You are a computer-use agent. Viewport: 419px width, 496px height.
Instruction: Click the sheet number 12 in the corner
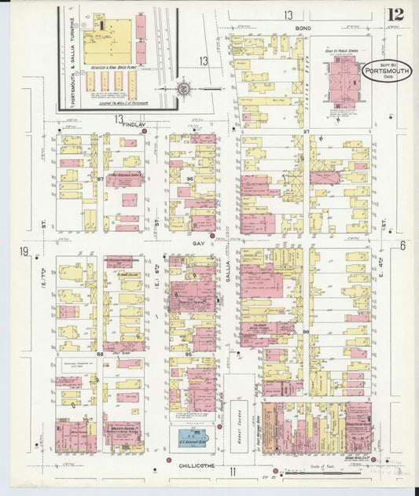click(x=395, y=13)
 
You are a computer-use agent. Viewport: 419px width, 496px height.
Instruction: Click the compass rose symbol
click(x=182, y=89)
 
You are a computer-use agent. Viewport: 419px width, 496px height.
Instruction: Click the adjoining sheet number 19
click(x=25, y=252)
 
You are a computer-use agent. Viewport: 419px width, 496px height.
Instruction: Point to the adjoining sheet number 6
click(x=402, y=245)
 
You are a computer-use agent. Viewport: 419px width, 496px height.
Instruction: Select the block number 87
click(x=101, y=179)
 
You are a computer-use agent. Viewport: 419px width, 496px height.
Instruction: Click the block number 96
click(x=189, y=178)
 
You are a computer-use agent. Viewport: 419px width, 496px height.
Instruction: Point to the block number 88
click(x=100, y=355)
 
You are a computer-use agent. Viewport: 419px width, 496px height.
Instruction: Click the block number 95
click(x=189, y=355)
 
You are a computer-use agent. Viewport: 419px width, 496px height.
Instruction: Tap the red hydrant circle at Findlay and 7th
click(x=145, y=132)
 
